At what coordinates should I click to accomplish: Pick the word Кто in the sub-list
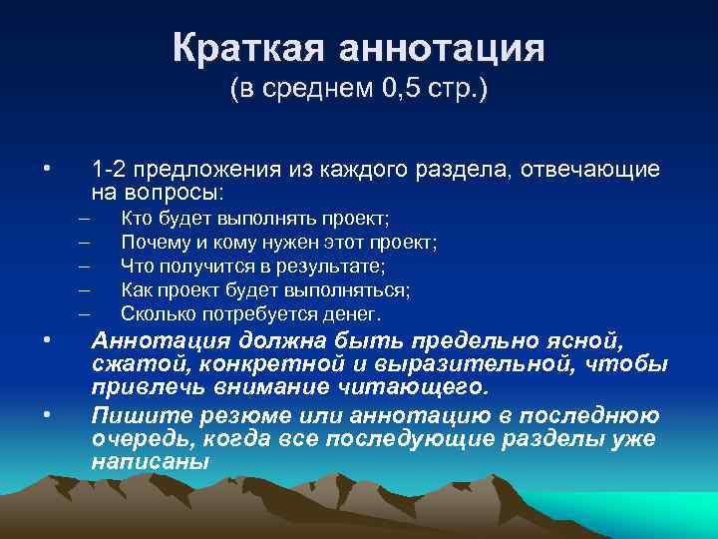coord(136,218)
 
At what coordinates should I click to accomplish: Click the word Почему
coord(153,242)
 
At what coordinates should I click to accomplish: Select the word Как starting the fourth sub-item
coord(136,289)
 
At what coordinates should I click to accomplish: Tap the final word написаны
coord(151,462)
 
